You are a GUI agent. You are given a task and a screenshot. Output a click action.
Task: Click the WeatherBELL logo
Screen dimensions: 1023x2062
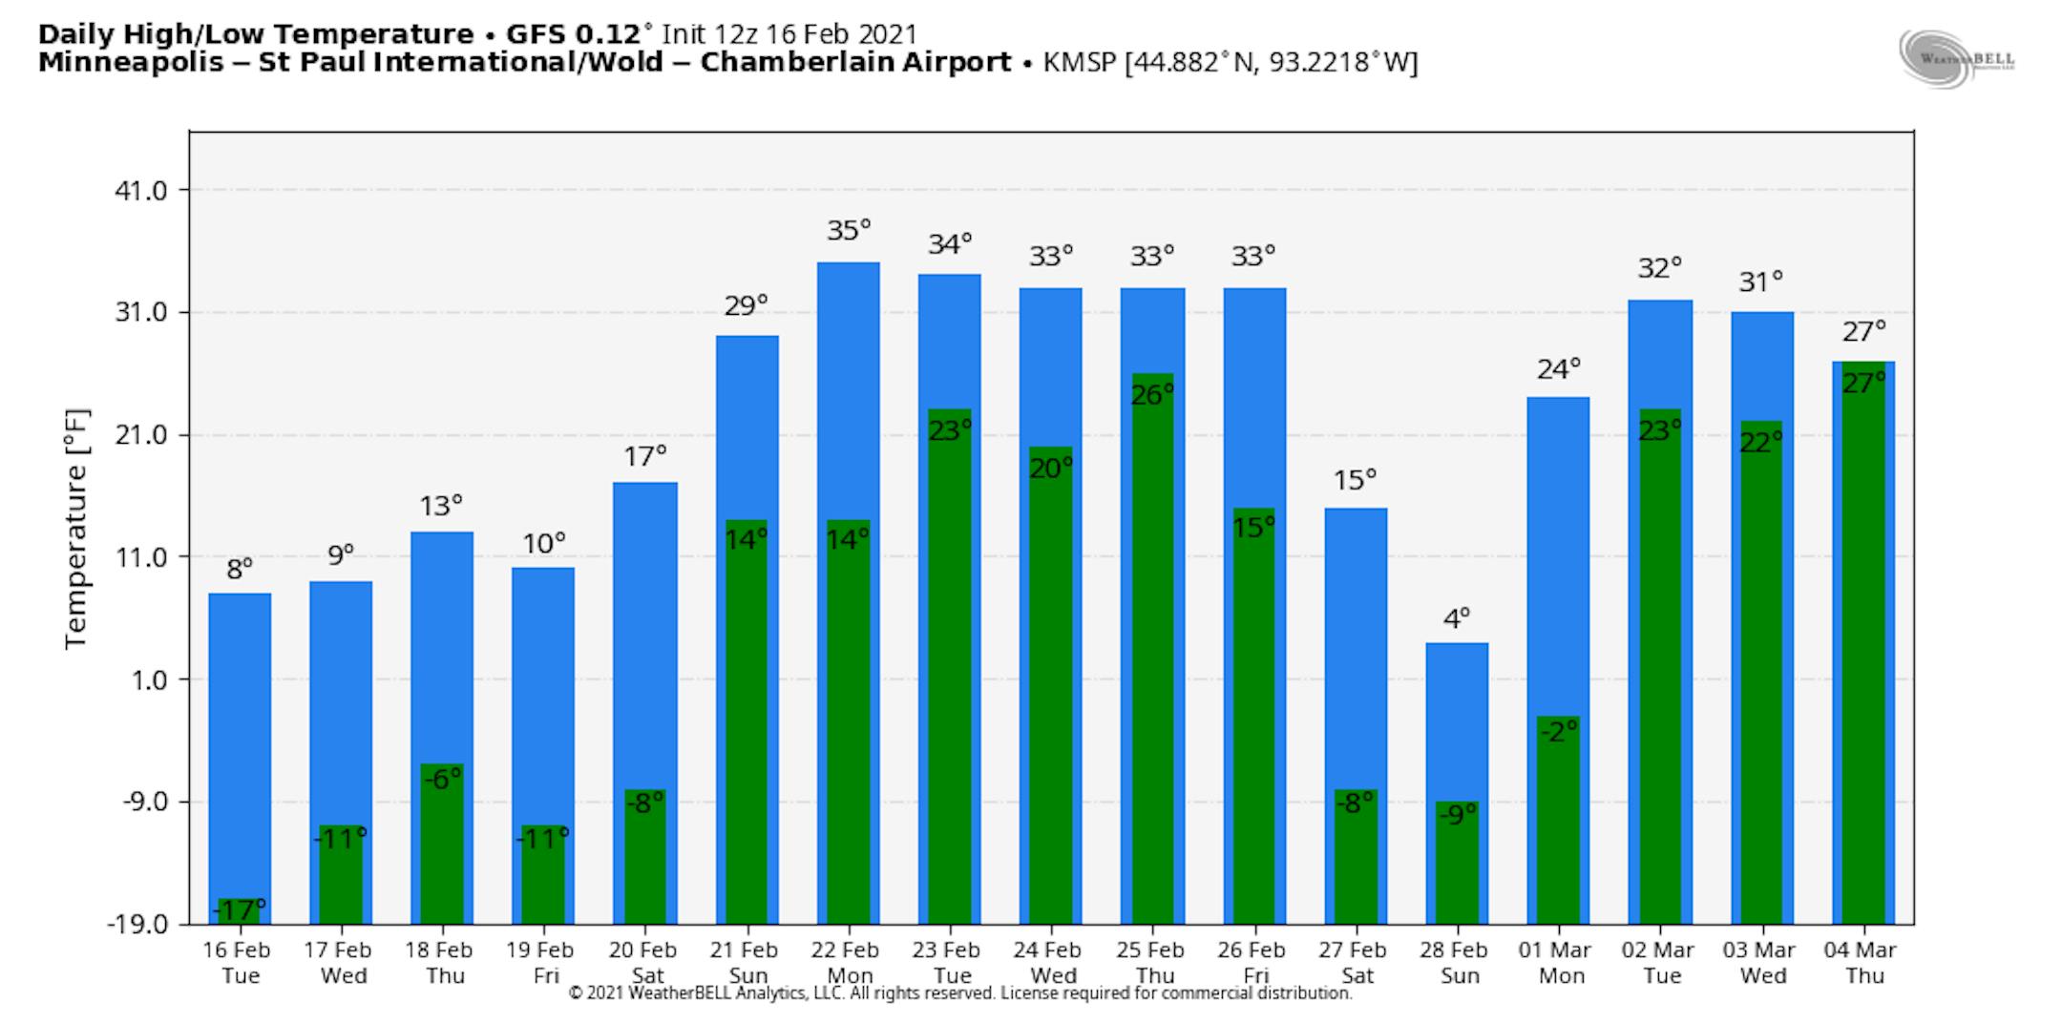pyautogui.click(x=1956, y=58)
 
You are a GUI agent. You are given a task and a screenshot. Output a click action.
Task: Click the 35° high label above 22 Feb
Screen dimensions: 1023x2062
pyautogui.click(x=849, y=231)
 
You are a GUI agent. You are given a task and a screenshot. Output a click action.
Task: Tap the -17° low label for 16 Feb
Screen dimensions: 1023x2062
pyautogui.click(x=239, y=909)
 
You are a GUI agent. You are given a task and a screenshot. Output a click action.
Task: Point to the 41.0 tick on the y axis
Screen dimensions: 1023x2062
pyautogui.click(x=140, y=191)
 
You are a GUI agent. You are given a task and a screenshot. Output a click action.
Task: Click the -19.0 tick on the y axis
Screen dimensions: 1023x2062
pyautogui.click(x=137, y=924)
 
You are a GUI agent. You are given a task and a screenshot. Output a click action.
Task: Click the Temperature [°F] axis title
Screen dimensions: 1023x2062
pyautogui.click(x=76, y=530)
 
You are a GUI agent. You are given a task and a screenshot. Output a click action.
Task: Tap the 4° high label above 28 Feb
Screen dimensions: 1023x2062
pyautogui.click(x=1456, y=619)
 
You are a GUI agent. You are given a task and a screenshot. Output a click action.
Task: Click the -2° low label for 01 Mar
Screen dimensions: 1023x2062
pyautogui.click(x=1558, y=732)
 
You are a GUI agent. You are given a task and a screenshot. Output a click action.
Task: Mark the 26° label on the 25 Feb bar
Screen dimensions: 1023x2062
pyautogui.click(x=1152, y=394)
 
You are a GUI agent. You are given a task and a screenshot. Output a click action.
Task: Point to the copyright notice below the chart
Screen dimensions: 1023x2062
pyautogui.click(x=959, y=993)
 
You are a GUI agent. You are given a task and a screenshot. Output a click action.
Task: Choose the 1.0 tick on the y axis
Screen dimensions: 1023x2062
pyautogui.click(x=146, y=679)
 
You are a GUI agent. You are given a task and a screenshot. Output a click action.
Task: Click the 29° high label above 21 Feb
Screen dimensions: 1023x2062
pyautogui.click(x=746, y=305)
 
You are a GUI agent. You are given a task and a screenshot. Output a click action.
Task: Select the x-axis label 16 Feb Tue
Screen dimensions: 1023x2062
pyautogui.click(x=238, y=962)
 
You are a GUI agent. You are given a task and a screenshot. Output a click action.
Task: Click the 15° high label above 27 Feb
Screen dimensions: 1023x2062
pyautogui.click(x=1355, y=479)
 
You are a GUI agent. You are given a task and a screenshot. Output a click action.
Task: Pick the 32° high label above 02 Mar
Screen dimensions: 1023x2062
pyautogui.click(x=1659, y=268)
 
